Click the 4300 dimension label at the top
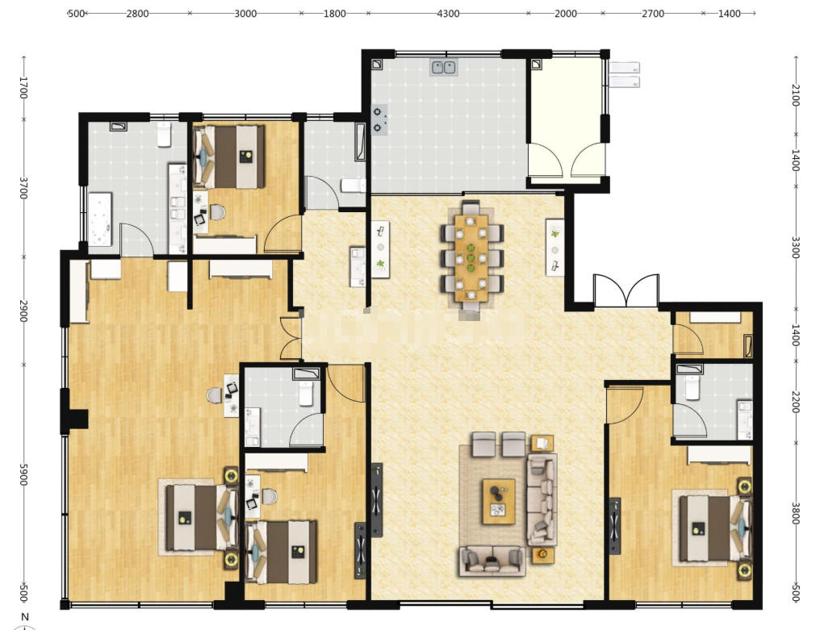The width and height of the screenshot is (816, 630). [x=448, y=14]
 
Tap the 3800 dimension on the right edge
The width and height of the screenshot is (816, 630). [x=796, y=512]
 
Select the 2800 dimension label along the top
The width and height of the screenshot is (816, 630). [x=137, y=14]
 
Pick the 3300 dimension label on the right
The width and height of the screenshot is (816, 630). [x=796, y=248]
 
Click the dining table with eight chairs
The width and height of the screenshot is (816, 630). [x=471, y=259]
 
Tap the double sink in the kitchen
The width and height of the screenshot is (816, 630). [x=443, y=68]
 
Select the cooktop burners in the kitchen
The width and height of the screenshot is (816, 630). [x=379, y=119]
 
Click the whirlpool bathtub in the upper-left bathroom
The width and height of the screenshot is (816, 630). [x=100, y=219]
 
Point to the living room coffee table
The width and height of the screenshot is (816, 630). [x=499, y=502]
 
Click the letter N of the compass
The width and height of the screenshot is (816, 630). [x=24, y=617]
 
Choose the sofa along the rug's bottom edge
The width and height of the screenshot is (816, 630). [x=492, y=561]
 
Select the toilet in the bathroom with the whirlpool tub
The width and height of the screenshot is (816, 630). [x=165, y=134]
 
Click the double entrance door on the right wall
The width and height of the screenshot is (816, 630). [x=626, y=291]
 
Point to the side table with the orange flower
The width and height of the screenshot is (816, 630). [x=542, y=555]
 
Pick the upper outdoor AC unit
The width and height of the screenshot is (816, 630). [x=624, y=68]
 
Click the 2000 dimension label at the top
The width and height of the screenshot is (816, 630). [x=566, y=14]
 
